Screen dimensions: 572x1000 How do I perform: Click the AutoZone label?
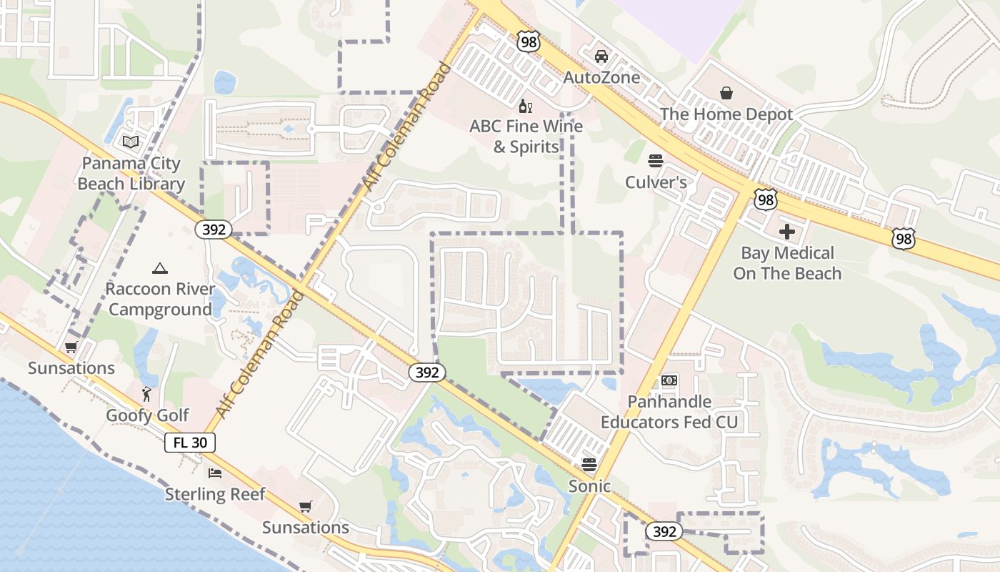coord(601,77)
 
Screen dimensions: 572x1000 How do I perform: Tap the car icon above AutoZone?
coord(601,56)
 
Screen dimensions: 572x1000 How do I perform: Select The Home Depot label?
coord(726,114)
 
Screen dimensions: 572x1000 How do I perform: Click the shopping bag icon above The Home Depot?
coord(726,93)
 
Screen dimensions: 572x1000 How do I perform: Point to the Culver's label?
coord(656,182)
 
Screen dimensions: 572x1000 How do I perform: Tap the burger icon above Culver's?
coord(656,160)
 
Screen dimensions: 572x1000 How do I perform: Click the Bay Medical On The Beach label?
coord(787,263)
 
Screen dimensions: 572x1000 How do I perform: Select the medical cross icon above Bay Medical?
coord(787,232)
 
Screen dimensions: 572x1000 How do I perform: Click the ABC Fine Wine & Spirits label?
coord(526,137)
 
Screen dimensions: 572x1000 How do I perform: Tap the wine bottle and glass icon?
coord(526,107)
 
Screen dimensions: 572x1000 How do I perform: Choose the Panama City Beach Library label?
coord(131,174)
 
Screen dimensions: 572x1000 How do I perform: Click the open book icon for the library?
coord(130,142)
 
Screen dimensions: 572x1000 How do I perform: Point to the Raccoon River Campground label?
coord(160,300)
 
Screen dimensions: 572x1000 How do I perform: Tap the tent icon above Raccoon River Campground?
coord(160,269)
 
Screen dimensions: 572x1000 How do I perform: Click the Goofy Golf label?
coord(147,415)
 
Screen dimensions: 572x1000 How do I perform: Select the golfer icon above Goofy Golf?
coord(147,394)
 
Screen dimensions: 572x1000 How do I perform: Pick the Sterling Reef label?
coord(215,494)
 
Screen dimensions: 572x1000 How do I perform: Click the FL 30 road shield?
coord(190,443)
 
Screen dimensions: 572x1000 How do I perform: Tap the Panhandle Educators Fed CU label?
coord(669,412)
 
